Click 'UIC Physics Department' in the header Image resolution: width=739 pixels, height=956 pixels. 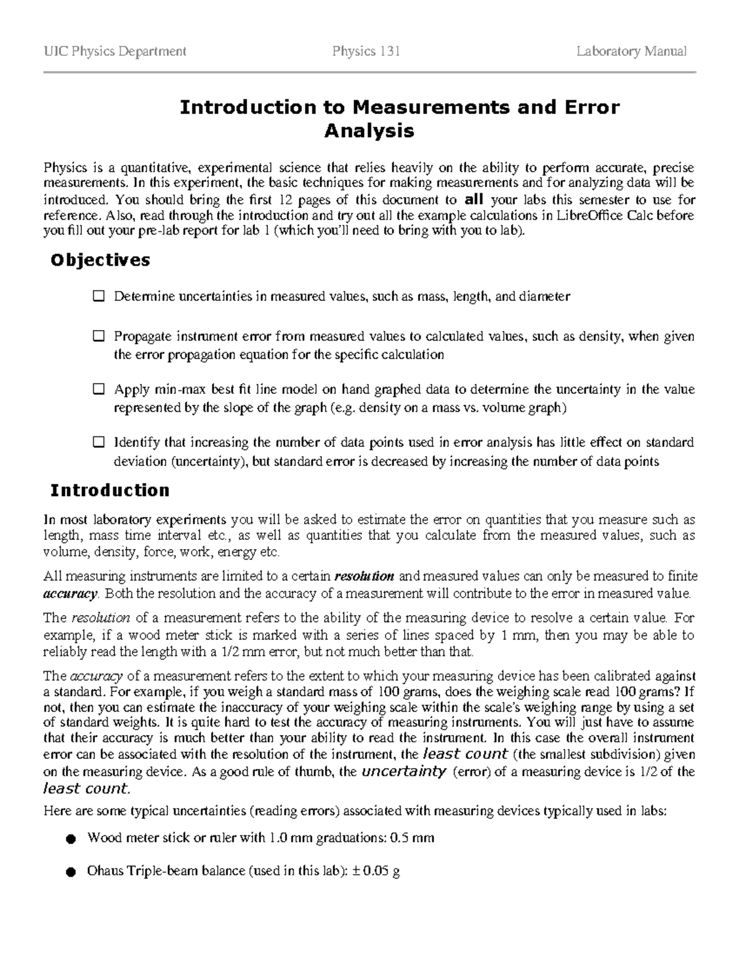115,51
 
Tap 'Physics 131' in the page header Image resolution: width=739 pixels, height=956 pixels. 366,51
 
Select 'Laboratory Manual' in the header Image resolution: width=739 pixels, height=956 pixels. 631,51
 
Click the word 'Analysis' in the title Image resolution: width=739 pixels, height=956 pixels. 369,131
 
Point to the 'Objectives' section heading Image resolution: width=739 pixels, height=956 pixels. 100,260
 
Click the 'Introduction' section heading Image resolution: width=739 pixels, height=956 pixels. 110,491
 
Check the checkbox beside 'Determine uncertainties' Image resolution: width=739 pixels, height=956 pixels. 99,296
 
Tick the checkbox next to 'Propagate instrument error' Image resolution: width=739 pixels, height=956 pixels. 99,337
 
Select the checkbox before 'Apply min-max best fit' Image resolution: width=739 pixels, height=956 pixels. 99,390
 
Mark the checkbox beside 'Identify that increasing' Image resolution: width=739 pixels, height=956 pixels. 99,443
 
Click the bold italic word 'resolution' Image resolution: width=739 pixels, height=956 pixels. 363,577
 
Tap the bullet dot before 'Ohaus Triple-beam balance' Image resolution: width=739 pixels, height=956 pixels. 71,872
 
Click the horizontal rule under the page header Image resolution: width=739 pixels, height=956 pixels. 369,72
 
